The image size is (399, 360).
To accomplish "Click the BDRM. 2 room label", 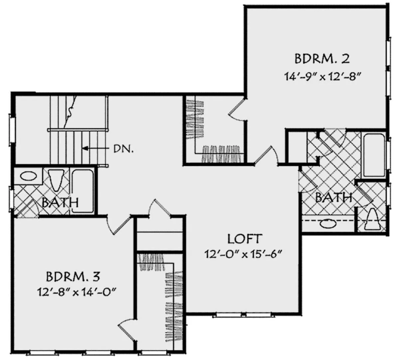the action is click(x=322, y=59).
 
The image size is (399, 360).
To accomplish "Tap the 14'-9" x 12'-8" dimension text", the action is click(x=323, y=76).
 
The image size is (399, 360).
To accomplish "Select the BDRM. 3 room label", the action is click(x=72, y=276).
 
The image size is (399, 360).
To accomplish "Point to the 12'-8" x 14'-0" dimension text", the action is click(x=76, y=292).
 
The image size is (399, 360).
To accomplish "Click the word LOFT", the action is click(x=244, y=239).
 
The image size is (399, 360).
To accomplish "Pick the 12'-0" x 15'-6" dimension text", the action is click(x=244, y=254).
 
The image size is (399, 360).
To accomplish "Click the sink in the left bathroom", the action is click(x=29, y=176).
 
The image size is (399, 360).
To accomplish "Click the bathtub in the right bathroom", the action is click(x=374, y=155).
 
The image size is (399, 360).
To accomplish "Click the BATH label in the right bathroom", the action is click(x=334, y=198).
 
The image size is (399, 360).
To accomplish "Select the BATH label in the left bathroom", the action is click(x=60, y=202).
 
